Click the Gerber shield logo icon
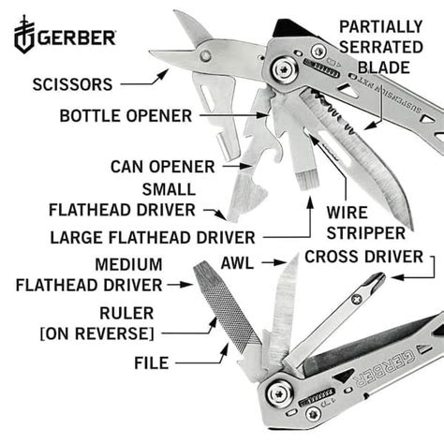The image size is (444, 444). tap(23, 37)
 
